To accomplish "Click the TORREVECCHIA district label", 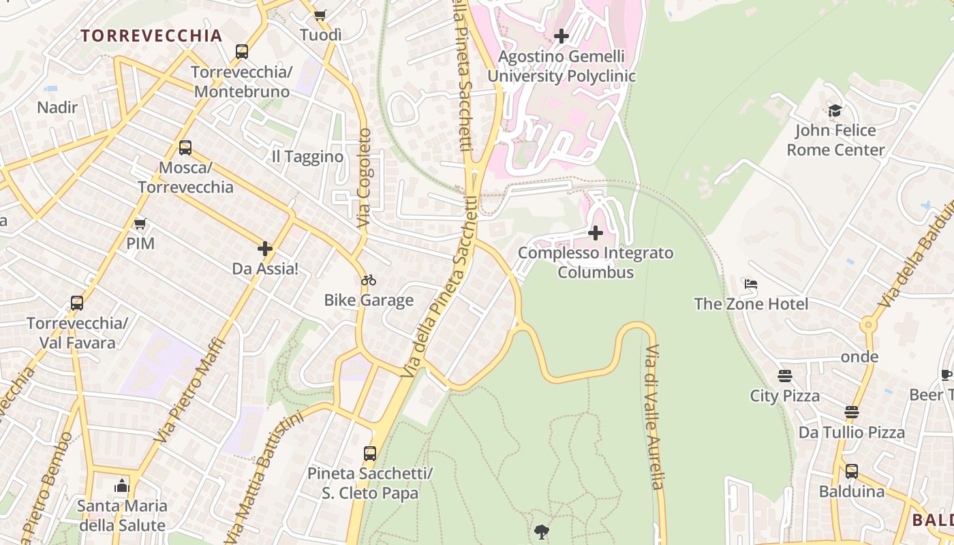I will pyautogui.click(x=151, y=36).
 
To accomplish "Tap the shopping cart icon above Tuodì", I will pyautogui.click(x=320, y=15).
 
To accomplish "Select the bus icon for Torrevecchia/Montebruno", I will pyautogui.click(x=241, y=52).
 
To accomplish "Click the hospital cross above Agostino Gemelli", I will pyautogui.click(x=561, y=36).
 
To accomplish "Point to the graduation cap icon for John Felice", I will pyautogui.click(x=835, y=110).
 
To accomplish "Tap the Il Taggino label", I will pyautogui.click(x=307, y=157).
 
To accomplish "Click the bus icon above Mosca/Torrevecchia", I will pyautogui.click(x=185, y=148).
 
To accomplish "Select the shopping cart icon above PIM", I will pyautogui.click(x=140, y=223).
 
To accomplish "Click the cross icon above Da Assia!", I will pyautogui.click(x=265, y=249).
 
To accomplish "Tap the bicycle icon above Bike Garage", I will pyautogui.click(x=369, y=280).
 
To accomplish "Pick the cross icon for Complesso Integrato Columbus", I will pyautogui.click(x=595, y=233).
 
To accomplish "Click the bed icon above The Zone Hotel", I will pyautogui.click(x=751, y=283).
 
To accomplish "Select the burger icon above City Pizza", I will pyautogui.click(x=785, y=376).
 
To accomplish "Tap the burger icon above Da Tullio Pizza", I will pyautogui.click(x=852, y=412).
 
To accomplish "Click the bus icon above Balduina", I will pyautogui.click(x=852, y=471).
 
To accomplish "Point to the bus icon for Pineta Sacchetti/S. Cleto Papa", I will pyautogui.click(x=370, y=453).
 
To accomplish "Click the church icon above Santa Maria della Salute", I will pyautogui.click(x=122, y=486).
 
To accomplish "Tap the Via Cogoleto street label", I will pyautogui.click(x=364, y=178).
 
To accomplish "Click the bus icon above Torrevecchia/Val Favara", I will pyautogui.click(x=77, y=303).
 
